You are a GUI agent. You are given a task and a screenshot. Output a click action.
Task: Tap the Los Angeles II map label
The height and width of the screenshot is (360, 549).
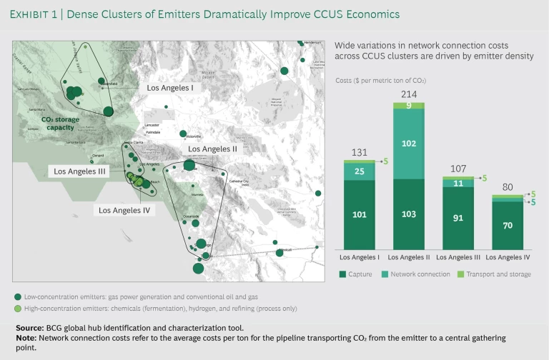point(212,149)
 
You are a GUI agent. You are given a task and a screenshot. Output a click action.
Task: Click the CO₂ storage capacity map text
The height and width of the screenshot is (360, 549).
point(61,124)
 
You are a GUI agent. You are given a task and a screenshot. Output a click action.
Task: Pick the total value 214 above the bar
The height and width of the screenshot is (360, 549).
point(408,94)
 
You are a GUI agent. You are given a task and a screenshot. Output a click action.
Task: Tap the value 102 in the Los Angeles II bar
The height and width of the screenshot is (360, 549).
point(408,143)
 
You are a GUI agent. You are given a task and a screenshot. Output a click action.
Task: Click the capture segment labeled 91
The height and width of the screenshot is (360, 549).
point(457,219)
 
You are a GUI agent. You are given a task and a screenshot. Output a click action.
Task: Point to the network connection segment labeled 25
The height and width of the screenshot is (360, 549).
point(360,171)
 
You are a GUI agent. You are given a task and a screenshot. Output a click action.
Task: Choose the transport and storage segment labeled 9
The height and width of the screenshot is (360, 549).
point(408,106)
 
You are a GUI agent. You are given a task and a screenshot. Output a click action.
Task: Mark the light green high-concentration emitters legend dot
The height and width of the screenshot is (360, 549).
point(17,308)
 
